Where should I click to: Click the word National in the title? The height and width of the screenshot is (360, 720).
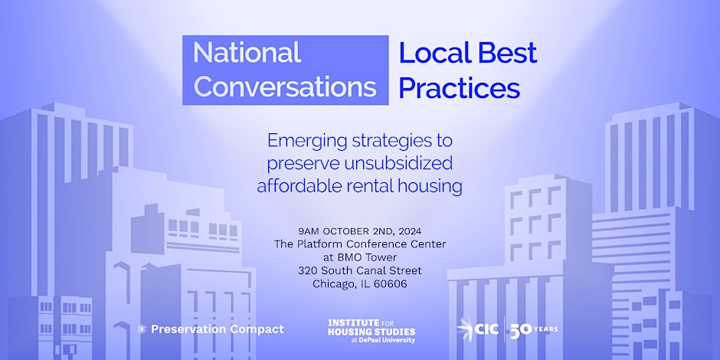tap(247, 53)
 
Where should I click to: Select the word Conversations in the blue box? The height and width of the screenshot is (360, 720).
tap(285, 86)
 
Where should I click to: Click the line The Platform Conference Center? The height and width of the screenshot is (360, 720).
tap(359, 244)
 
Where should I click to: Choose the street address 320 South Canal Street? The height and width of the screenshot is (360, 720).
tap(359, 270)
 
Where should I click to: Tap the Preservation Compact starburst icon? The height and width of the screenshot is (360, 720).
tap(141, 329)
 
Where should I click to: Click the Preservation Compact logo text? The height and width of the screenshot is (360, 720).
tap(217, 329)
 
